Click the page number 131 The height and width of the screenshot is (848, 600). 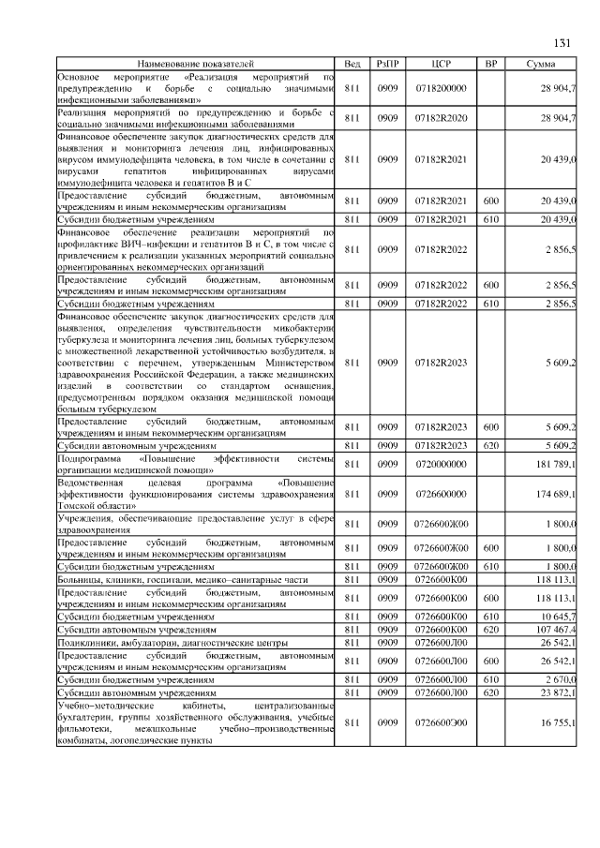tap(562, 43)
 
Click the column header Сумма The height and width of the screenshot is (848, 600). tap(540, 64)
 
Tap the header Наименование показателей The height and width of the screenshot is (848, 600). tap(196, 64)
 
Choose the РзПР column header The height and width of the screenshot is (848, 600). tap(387, 64)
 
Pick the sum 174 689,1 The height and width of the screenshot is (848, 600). tap(556, 493)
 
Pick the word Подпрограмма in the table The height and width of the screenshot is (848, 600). tap(89, 458)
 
